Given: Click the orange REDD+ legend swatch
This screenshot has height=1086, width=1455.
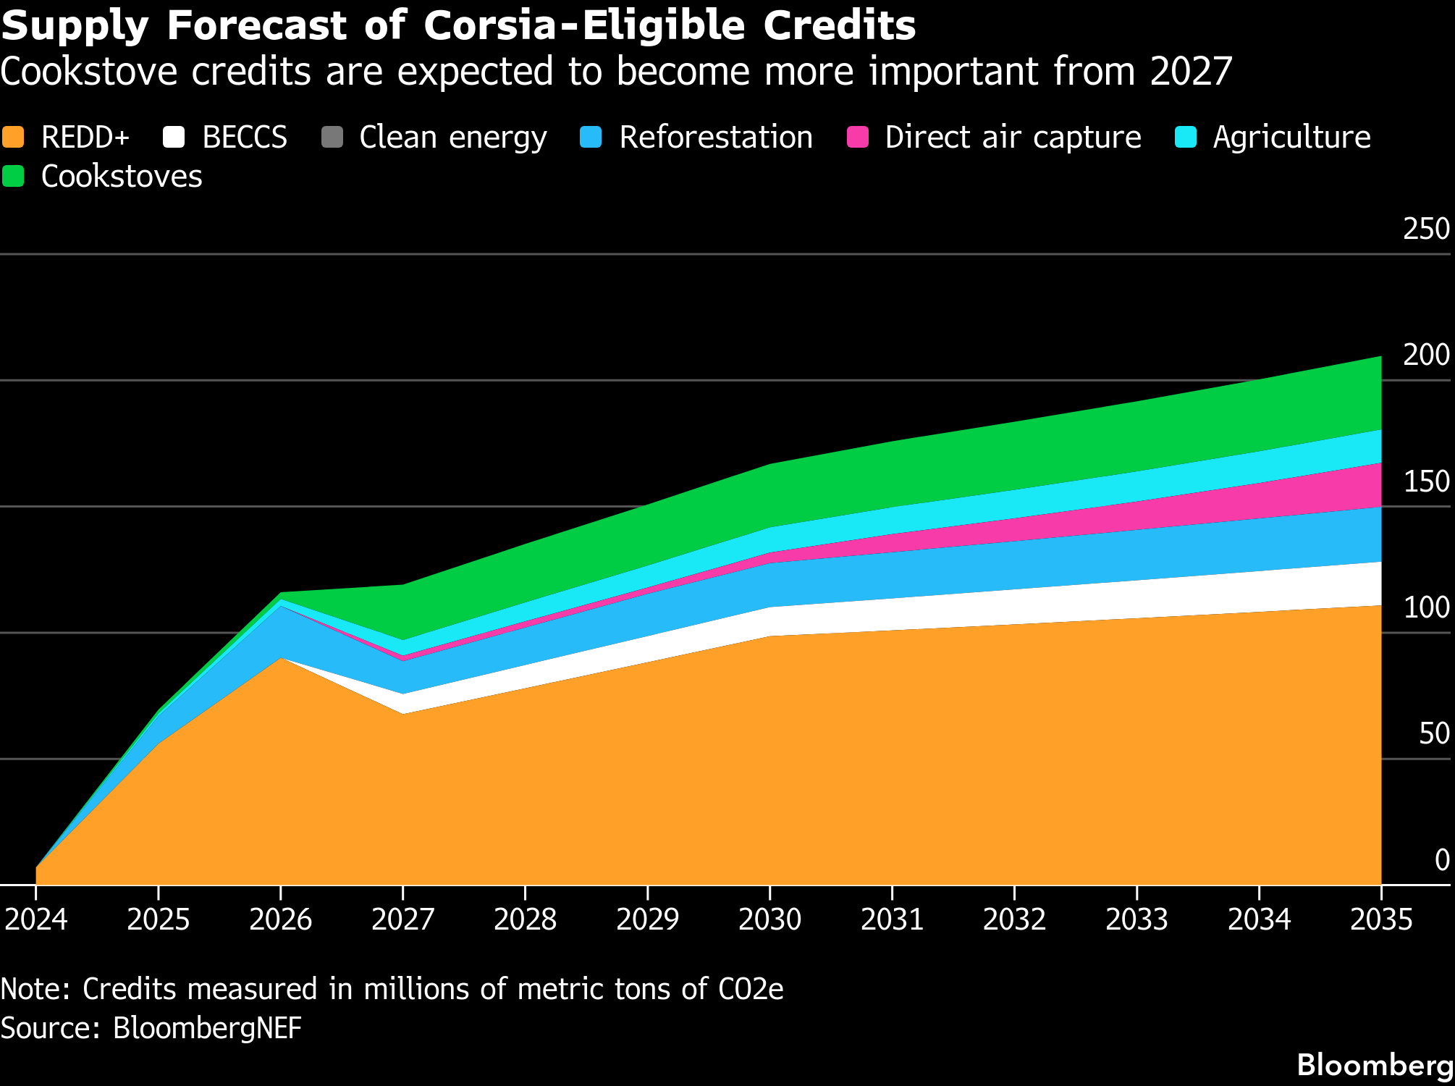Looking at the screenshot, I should coord(13,137).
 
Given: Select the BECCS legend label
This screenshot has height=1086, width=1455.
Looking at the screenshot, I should coord(245,137).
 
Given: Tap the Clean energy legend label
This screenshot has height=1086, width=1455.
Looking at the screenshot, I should coord(452,137).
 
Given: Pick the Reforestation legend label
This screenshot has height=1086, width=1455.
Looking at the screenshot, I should coord(715,137).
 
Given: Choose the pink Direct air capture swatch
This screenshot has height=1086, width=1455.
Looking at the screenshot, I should coord(858,137).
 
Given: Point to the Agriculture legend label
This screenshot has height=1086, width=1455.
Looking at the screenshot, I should coord(1291,137).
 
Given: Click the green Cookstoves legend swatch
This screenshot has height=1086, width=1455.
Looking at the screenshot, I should coord(13,176).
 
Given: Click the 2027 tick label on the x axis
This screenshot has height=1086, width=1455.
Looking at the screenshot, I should coord(402,919).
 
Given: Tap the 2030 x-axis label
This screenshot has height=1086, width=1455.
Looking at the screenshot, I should coord(769,919).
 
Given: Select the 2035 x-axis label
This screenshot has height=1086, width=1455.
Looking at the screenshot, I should coord(1381,919).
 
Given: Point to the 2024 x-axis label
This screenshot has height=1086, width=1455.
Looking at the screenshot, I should coord(36,919).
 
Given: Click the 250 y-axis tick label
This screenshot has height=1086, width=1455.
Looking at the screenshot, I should coord(1426,229).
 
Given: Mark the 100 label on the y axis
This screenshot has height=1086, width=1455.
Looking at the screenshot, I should coord(1426,607).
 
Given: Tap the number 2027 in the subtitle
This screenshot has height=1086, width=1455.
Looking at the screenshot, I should coord(1191,72).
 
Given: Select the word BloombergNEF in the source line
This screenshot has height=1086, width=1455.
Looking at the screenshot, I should coord(207,1028).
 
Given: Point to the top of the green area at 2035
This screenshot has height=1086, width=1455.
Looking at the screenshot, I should coord(1380,358).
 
